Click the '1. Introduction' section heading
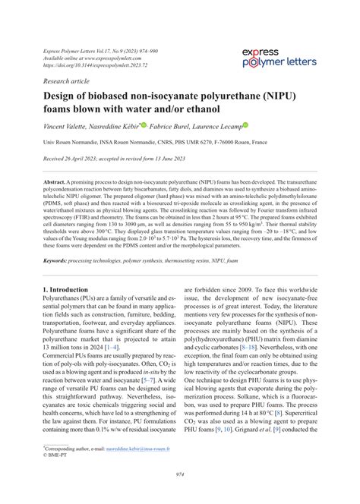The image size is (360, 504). pos(71,290)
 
